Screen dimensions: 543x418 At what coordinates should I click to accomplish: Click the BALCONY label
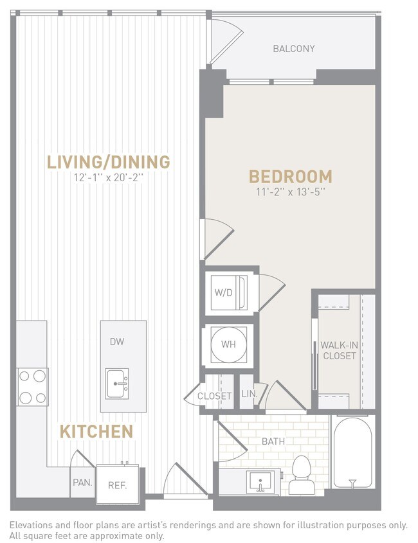click(x=293, y=48)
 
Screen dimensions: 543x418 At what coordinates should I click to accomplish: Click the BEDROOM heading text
click(x=290, y=176)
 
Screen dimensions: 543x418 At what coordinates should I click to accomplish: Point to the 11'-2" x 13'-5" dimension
click(x=290, y=191)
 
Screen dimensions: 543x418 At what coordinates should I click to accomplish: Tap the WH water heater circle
click(x=228, y=344)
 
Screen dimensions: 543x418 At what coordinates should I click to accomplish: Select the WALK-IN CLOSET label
click(x=339, y=350)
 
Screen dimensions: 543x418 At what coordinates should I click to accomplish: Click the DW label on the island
click(x=116, y=342)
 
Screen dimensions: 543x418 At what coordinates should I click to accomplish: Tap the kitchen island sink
click(x=117, y=383)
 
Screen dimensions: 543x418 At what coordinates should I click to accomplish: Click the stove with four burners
click(x=32, y=386)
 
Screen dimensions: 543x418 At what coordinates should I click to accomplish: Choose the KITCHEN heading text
click(x=96, y=431)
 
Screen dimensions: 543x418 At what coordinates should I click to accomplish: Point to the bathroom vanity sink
click(x=262, y=480)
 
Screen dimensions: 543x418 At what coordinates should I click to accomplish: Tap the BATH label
click(x=273, y=441)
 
